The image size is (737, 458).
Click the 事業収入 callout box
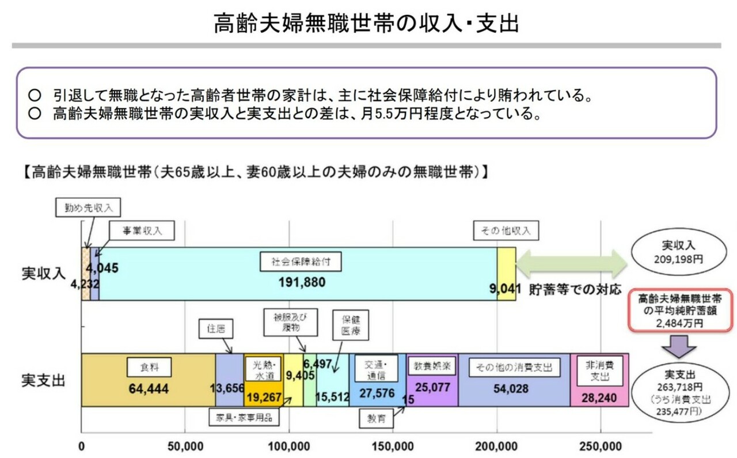[136, 231]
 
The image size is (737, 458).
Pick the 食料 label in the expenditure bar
[149, 367]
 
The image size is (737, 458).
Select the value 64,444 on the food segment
[149, 389]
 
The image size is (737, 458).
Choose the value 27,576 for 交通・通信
[377, 393]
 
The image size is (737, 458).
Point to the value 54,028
[511, 389]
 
